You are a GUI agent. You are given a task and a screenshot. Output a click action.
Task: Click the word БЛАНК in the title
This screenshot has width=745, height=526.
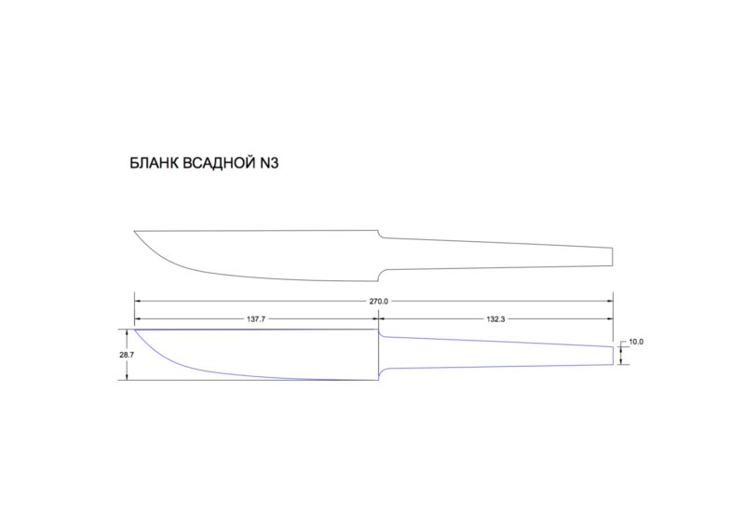(154, 163)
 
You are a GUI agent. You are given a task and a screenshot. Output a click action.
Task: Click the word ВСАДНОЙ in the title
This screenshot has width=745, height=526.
(219, 163)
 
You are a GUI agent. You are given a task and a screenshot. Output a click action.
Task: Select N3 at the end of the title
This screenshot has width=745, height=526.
(269, 163)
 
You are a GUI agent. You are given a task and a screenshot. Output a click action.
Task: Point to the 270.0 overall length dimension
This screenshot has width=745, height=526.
(379, 302)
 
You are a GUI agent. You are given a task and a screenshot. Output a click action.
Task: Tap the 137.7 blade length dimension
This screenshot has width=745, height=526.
(255, 319)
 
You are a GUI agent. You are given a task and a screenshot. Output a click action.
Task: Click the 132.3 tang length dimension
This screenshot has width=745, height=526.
(495, 319)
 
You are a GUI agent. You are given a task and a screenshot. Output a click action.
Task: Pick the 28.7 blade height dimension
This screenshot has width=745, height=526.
(127, 355)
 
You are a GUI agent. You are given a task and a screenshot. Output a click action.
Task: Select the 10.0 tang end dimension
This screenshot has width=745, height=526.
(636, 342)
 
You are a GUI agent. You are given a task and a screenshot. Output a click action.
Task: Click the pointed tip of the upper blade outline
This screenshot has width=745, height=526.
(134, 232)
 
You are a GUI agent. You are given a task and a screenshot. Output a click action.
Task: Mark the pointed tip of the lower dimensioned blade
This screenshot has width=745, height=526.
(135, 330)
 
